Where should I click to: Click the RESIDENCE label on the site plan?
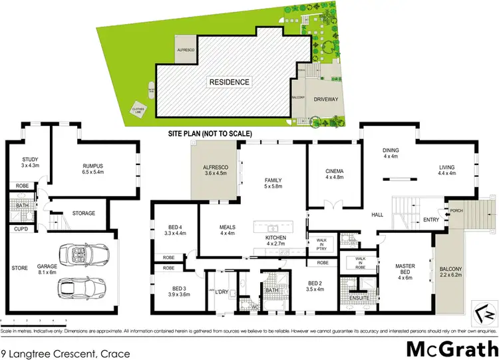pyautogui.click(x=230, y=83)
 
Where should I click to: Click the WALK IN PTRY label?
pyautogui.click(x=320, y=243)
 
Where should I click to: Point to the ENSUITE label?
pyautogui.click(x=359, y=299)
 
